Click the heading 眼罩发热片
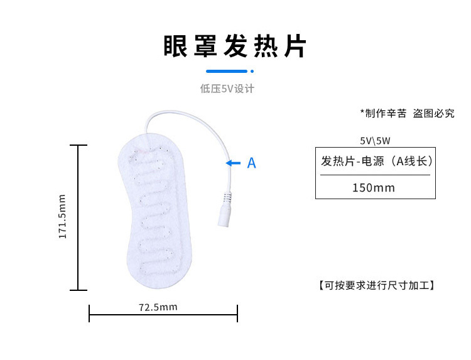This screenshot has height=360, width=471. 235,46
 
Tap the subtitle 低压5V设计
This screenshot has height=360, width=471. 227,89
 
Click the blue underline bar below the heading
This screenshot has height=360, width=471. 227,71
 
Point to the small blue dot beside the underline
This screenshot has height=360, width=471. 252,71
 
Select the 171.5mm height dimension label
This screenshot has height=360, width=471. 62,216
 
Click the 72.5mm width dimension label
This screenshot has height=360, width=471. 158,307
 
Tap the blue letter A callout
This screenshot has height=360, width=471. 251,163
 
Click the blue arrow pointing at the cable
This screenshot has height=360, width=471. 233,163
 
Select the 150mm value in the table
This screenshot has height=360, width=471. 374,188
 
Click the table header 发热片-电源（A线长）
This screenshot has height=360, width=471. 377,161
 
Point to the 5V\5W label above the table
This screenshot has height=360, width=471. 375,141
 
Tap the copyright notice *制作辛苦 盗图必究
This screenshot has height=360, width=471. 408,113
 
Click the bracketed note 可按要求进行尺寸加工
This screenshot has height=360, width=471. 377,285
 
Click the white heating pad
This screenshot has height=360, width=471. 155,215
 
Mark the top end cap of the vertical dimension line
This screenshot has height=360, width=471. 78,145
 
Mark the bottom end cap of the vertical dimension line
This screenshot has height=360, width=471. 78,290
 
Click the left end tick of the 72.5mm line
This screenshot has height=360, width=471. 89,314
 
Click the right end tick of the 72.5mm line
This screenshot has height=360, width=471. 237,314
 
